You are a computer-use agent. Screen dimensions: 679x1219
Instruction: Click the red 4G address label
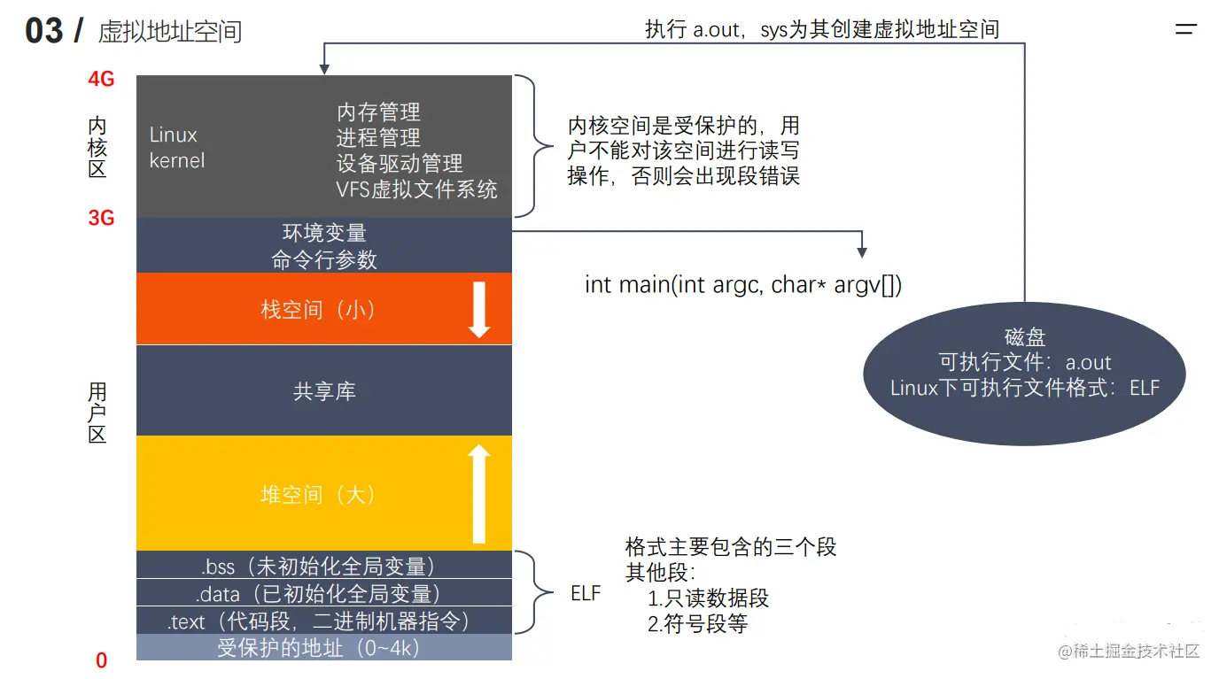click(101, 80)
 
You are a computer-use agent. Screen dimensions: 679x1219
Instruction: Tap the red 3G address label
click(101, 218)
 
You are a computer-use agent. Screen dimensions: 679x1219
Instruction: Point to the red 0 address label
click(101, 660)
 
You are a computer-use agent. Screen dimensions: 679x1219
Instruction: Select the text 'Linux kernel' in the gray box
click(176, 148)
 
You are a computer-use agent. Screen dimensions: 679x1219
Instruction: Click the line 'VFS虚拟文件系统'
click(416, 189)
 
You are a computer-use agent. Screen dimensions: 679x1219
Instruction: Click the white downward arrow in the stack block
click(479, 310)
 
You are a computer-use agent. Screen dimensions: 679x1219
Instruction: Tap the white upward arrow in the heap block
click(479, 494)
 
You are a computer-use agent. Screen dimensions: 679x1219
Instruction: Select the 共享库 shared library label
click(324, 391)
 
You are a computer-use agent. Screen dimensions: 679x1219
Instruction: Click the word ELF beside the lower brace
click(586, 594)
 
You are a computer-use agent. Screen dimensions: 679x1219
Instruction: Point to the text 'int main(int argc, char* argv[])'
click(743, 285)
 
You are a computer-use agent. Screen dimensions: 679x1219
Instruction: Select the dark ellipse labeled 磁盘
click(1024, 372)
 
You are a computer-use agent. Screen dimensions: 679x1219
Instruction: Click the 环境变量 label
click(324, 233)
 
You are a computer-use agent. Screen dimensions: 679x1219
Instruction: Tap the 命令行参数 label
click(324, 259)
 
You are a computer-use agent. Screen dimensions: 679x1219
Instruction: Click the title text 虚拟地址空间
click(170, 33)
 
